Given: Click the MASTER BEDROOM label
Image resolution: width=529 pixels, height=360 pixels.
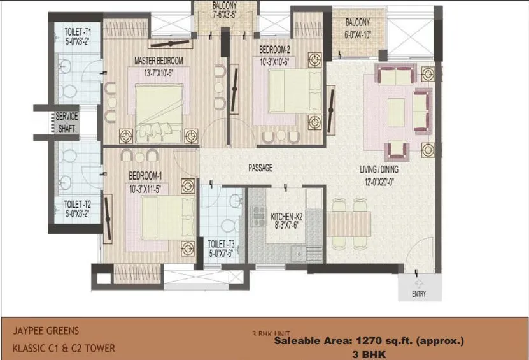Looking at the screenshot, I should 159,61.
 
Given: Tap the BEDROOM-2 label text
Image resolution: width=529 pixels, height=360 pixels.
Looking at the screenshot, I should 274,50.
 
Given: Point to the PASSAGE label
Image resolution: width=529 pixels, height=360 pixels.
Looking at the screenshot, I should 260,168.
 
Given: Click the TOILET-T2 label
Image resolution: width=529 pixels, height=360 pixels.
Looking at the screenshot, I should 78,205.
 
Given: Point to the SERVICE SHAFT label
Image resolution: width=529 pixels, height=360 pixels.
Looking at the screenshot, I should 67,122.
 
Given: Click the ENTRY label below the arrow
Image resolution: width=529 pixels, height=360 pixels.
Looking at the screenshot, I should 418,294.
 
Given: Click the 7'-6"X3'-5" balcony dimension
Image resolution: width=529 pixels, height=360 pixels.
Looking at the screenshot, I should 225,15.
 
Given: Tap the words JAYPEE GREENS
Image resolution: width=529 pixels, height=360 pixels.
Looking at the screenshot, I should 46,331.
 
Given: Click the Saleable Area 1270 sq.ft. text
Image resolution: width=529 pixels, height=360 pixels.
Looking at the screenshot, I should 369,342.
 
